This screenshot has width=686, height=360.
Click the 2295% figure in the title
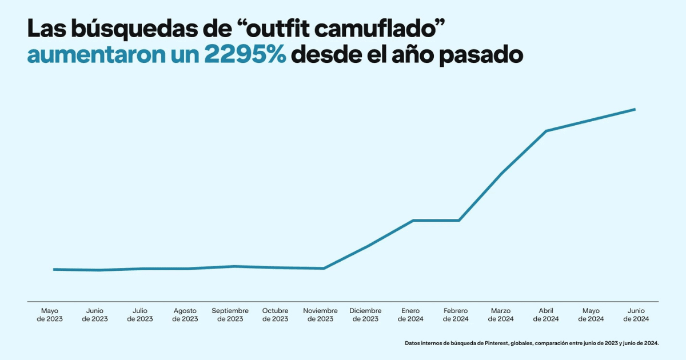(245, 55)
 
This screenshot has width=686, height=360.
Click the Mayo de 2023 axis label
(50, 315)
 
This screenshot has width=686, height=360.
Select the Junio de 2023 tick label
(95, 315)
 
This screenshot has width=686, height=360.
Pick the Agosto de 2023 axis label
(185, 315)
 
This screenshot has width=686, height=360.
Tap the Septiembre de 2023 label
(230, 315)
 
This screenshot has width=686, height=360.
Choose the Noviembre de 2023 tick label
(321, 315)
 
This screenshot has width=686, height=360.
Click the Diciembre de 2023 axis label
(366, 315)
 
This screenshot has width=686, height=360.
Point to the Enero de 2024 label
(410, 315)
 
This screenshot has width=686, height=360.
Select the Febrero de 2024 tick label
(456, 315)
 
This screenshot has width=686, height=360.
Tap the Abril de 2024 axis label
(546, 315)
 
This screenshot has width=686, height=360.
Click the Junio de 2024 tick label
(636, 315)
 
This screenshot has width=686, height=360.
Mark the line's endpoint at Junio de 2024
(635, 109)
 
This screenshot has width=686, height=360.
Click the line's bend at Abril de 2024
(546, 131)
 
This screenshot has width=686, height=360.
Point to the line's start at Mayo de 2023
(54, 269)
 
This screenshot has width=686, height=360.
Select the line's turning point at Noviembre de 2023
(324, 268)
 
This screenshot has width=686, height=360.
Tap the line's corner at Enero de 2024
(413, 220)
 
